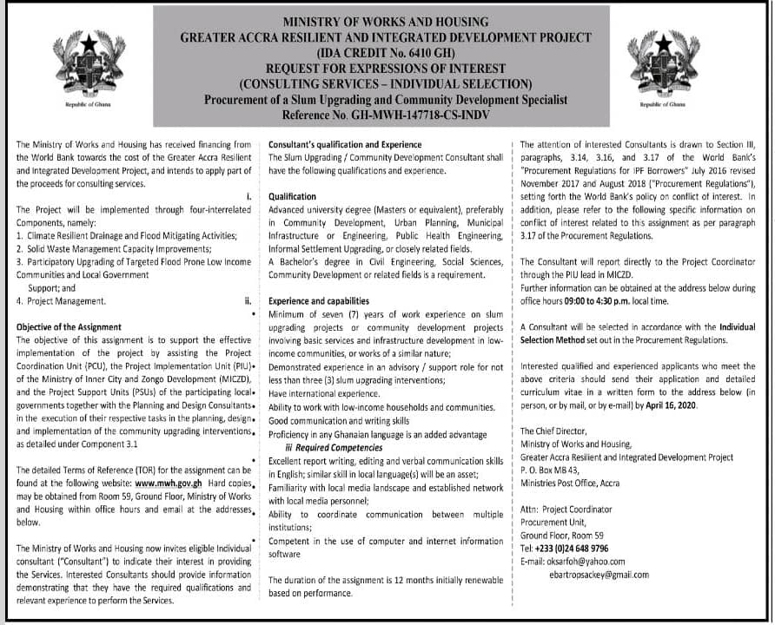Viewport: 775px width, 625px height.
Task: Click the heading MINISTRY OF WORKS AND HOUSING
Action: click(385, 23)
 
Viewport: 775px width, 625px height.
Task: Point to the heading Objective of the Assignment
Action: click(69, 327)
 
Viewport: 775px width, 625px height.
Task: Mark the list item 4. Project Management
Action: click(61, 302)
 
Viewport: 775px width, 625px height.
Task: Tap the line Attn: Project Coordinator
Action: click(566, 510)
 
